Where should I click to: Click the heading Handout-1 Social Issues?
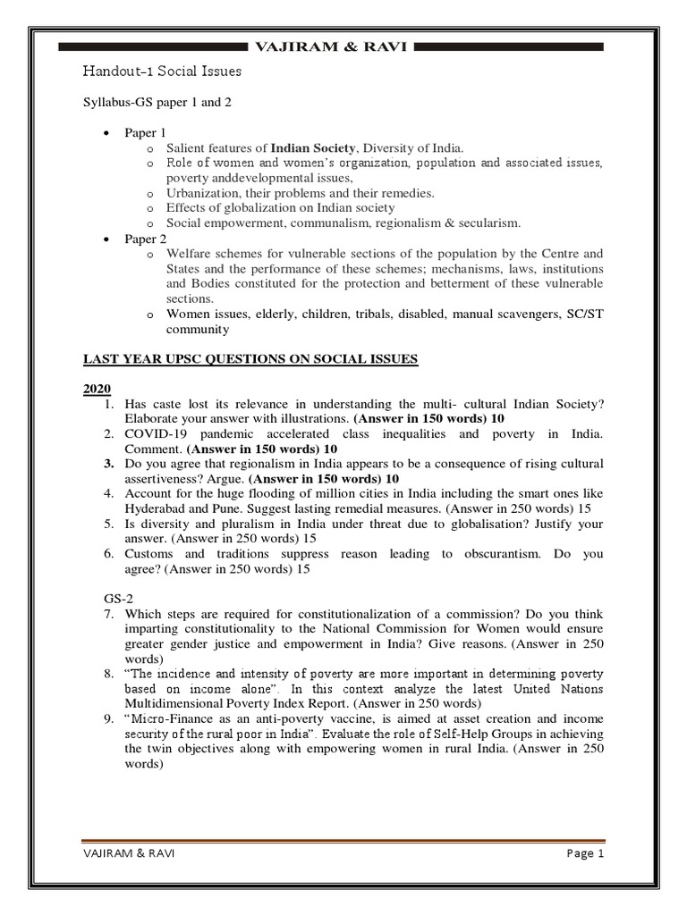(162, 71)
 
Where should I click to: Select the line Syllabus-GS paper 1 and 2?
(157, 103)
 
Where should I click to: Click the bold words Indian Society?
(313, 147)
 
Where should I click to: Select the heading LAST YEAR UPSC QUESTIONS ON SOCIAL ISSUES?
(250, 359)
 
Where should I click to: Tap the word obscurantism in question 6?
(495, 555)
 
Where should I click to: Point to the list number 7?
(106, 615)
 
